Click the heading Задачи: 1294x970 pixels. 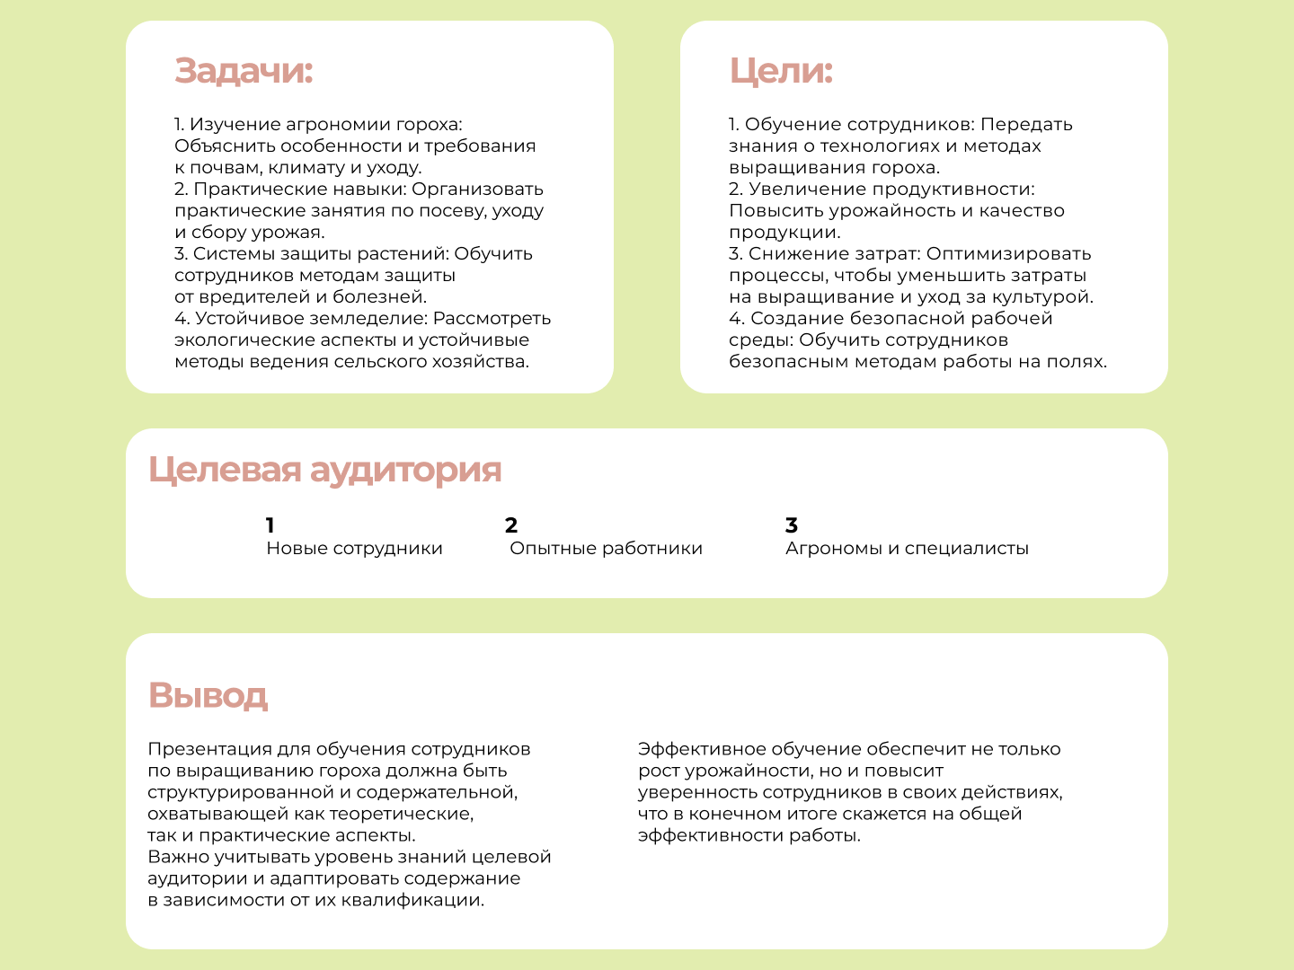click(244, 71)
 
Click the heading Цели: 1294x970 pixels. click(781, 71)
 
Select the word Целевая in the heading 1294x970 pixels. click(225, 470)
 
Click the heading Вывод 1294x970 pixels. click(208, 695)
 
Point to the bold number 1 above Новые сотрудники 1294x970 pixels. click(270, 525)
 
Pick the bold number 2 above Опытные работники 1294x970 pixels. click(511, 525)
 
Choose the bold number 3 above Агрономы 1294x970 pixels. click(792, 525)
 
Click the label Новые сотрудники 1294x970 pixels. click(354, 549)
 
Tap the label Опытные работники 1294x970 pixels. click(606, 549)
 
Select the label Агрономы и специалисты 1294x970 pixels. click(907, 549)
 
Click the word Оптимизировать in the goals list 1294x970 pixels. click(1008, 254)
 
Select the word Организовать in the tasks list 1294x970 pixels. click(478, 190)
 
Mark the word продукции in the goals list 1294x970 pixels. click(783, 233)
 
